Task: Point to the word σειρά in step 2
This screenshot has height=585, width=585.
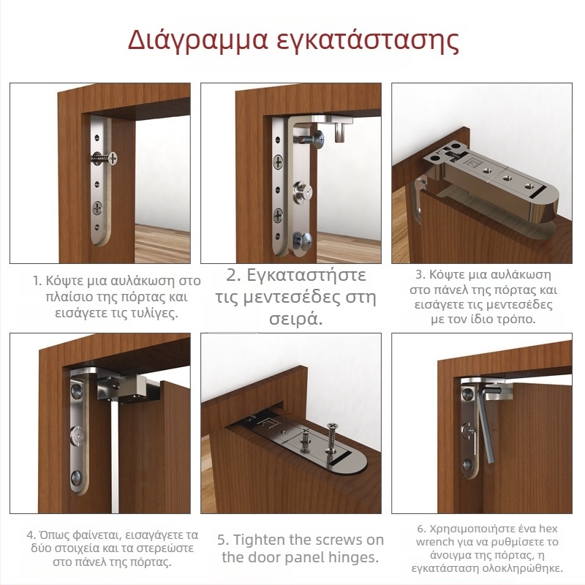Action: click(x=296, y=320)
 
